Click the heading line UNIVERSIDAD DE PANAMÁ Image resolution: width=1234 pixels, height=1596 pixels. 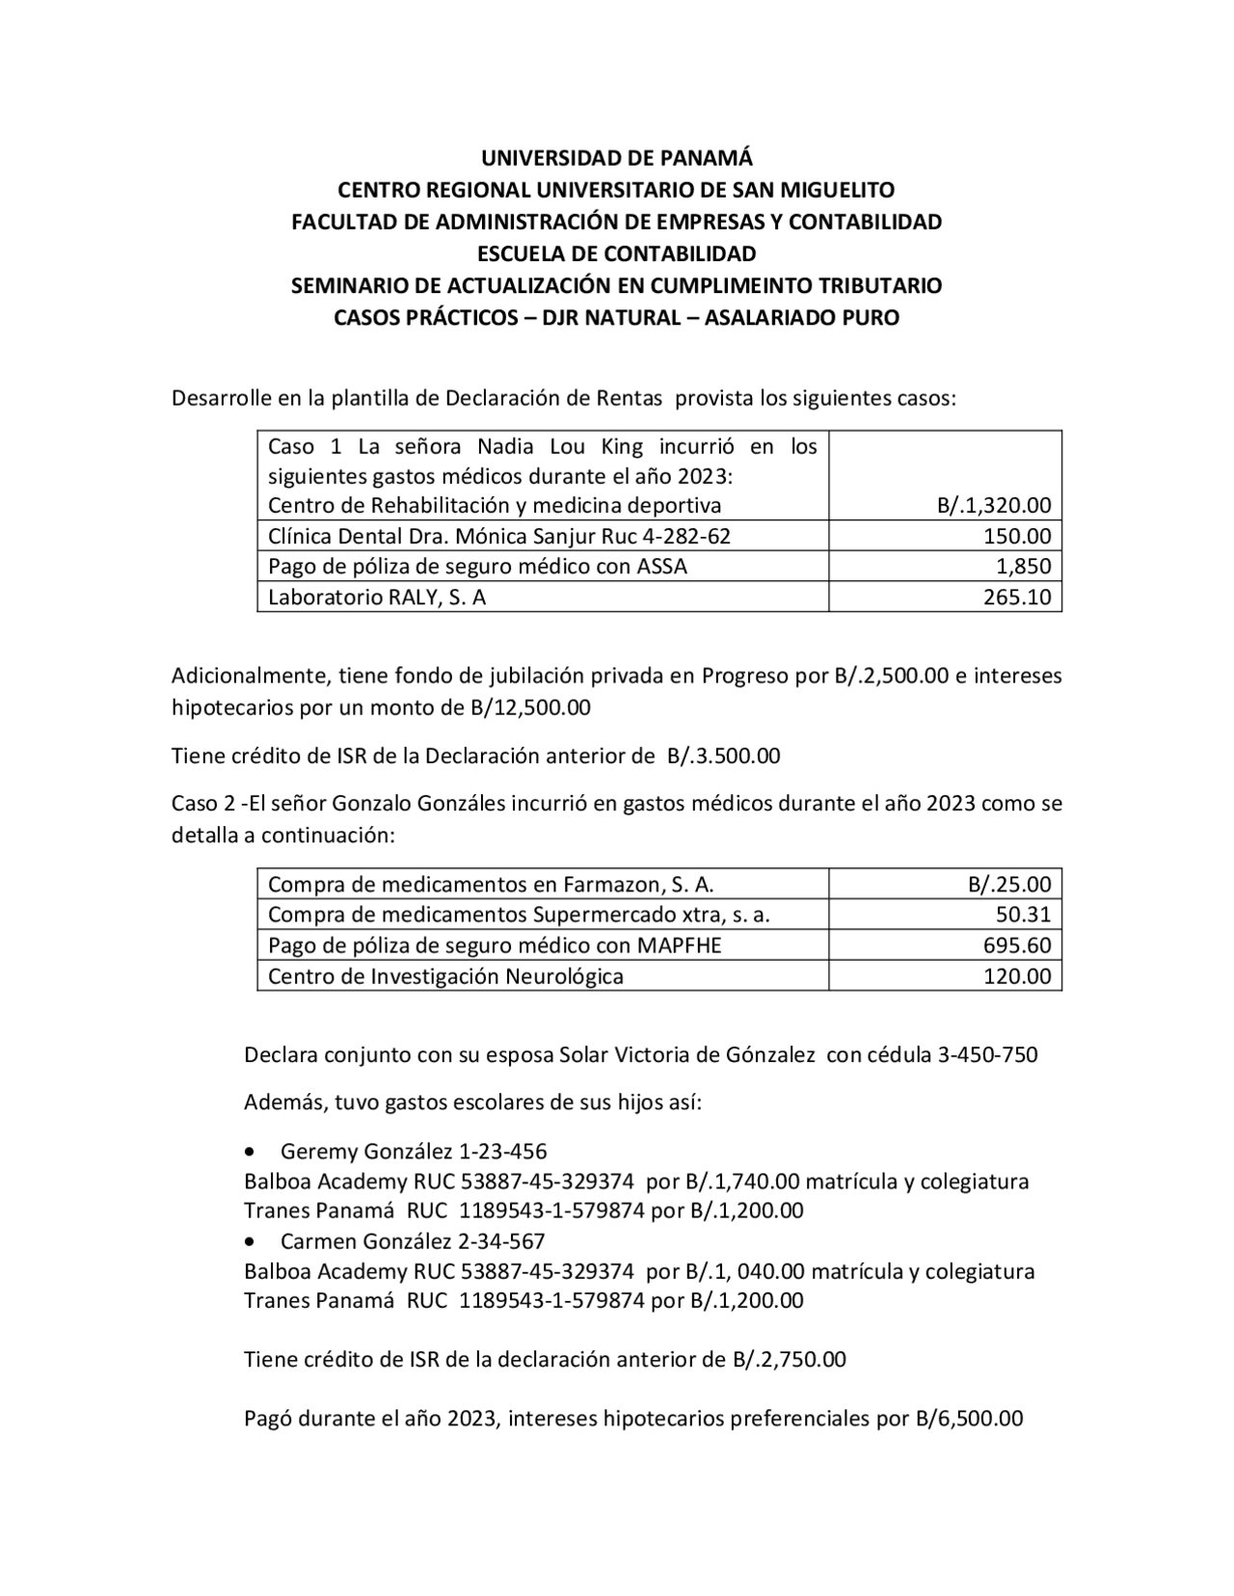[617, 157]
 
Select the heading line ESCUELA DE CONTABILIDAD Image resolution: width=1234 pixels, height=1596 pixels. [617, 253]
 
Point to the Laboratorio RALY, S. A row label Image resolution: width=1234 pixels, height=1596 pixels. [377, 598]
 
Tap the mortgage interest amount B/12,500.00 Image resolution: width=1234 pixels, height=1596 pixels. [530, 707]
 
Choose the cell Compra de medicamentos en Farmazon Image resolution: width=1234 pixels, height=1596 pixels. [491, 885]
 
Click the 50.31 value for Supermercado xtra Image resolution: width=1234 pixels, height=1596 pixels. [1024, 915]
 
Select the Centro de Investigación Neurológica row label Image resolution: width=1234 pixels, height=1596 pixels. [445, 976]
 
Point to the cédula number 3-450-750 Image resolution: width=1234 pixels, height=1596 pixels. [987, 1054]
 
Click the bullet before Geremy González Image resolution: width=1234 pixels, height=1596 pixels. [252, 1152]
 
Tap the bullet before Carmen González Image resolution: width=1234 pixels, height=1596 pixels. [252, 1241]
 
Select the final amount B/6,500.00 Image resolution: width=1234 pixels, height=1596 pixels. [969, 1420]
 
